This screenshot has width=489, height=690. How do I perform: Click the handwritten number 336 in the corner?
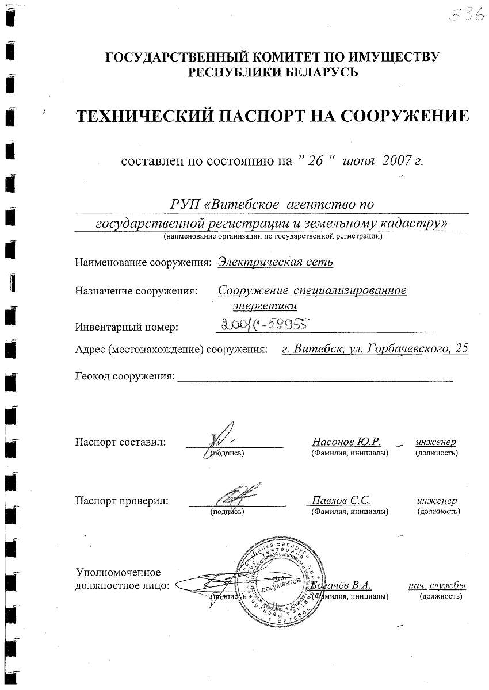click(466, 15)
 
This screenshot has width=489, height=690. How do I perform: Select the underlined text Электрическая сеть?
click(276, 262)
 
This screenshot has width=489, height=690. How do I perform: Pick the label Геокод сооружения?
click(125, 377)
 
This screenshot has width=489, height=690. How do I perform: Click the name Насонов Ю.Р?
click(347, 442)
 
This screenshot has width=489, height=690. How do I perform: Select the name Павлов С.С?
click(341, 500)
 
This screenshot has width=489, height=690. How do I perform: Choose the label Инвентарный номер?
click(127, 327)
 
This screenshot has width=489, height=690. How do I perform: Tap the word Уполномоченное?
click(118, 572)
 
